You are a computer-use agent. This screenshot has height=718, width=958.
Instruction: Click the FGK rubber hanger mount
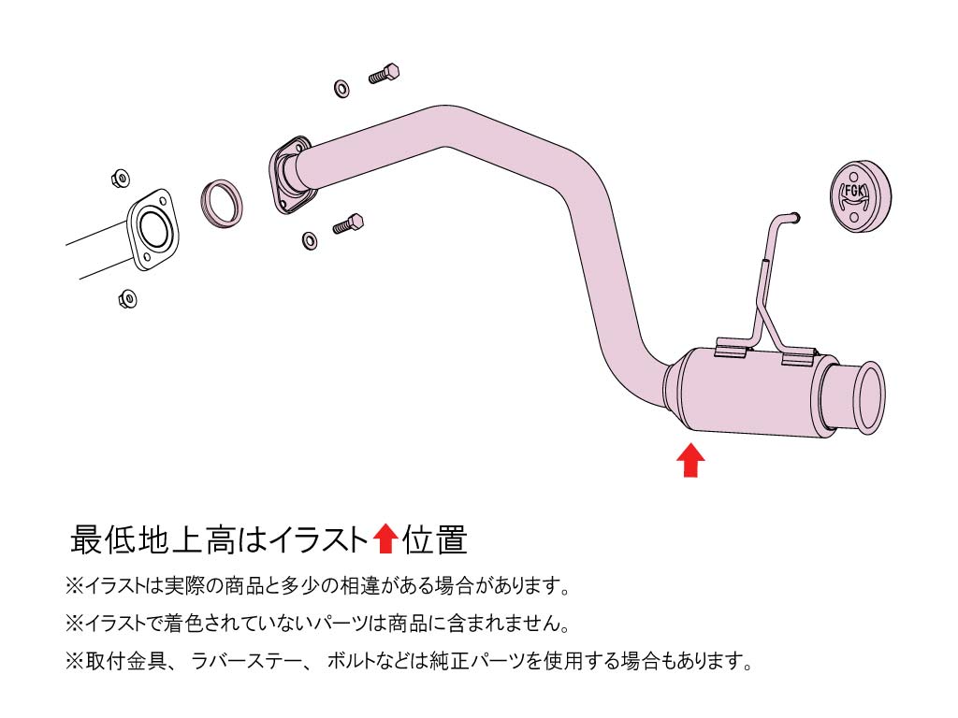(x=861, y=196)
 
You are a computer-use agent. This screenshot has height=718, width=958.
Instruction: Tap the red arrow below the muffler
(x=690, y=460)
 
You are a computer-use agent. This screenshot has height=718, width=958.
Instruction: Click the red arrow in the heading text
(x=385, y=538)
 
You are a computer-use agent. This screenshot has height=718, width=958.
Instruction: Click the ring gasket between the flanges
(x=222, y=203)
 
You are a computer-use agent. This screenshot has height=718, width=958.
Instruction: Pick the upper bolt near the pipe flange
(x=384, y=73)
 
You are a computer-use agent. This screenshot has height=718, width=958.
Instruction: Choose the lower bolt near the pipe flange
(x=348, y=224)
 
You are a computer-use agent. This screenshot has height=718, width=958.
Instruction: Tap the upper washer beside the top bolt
(x=342, y=88)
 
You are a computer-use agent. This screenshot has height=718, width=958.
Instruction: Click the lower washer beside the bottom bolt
(x=310, y=240)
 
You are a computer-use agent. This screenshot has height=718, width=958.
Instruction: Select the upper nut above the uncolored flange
(x=121, y=179)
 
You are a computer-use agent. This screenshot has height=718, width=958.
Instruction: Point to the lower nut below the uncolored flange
(x=127, y=298)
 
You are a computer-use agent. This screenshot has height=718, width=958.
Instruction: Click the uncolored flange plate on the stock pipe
(x=152, y=230)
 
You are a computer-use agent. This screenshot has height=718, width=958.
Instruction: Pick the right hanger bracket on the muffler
(x=799, y=356)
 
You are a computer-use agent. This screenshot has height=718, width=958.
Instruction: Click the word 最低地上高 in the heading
(x=152, y=539)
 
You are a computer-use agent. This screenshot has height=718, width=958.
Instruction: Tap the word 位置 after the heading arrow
(x=435, y=539)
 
